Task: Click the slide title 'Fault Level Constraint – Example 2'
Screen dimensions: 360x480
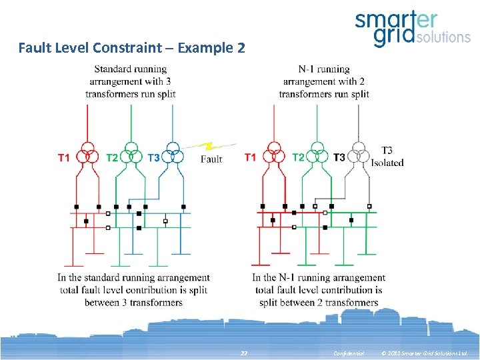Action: click(131, 48)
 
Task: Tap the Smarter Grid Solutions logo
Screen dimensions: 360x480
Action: click(412, 29)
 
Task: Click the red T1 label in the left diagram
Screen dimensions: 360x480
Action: click(64, 158)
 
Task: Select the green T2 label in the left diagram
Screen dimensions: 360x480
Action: click(113, 158)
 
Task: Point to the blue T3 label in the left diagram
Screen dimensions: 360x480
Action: click(153, 158)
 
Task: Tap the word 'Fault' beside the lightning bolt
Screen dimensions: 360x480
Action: click(211, 159)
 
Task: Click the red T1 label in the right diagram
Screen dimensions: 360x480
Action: click(250, 157)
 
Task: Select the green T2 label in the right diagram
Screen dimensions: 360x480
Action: click(299, 157)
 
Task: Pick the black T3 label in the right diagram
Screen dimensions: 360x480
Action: click(339, 157)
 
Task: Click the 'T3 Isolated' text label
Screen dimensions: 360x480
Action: click(387, 157)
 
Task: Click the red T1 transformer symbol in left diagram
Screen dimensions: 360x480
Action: click(87, 155)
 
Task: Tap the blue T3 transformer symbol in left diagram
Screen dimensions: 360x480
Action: click(173, 155)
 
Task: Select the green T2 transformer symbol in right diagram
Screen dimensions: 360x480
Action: click(317, 154)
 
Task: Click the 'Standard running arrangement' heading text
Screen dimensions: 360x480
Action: click(131, 81)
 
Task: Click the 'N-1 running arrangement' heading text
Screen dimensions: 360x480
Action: click(324, 81)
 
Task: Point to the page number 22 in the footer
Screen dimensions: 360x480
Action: click(244, 353)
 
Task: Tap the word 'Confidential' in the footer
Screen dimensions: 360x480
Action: click(349, 353)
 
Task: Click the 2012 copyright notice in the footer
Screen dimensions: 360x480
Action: click(424, 353)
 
